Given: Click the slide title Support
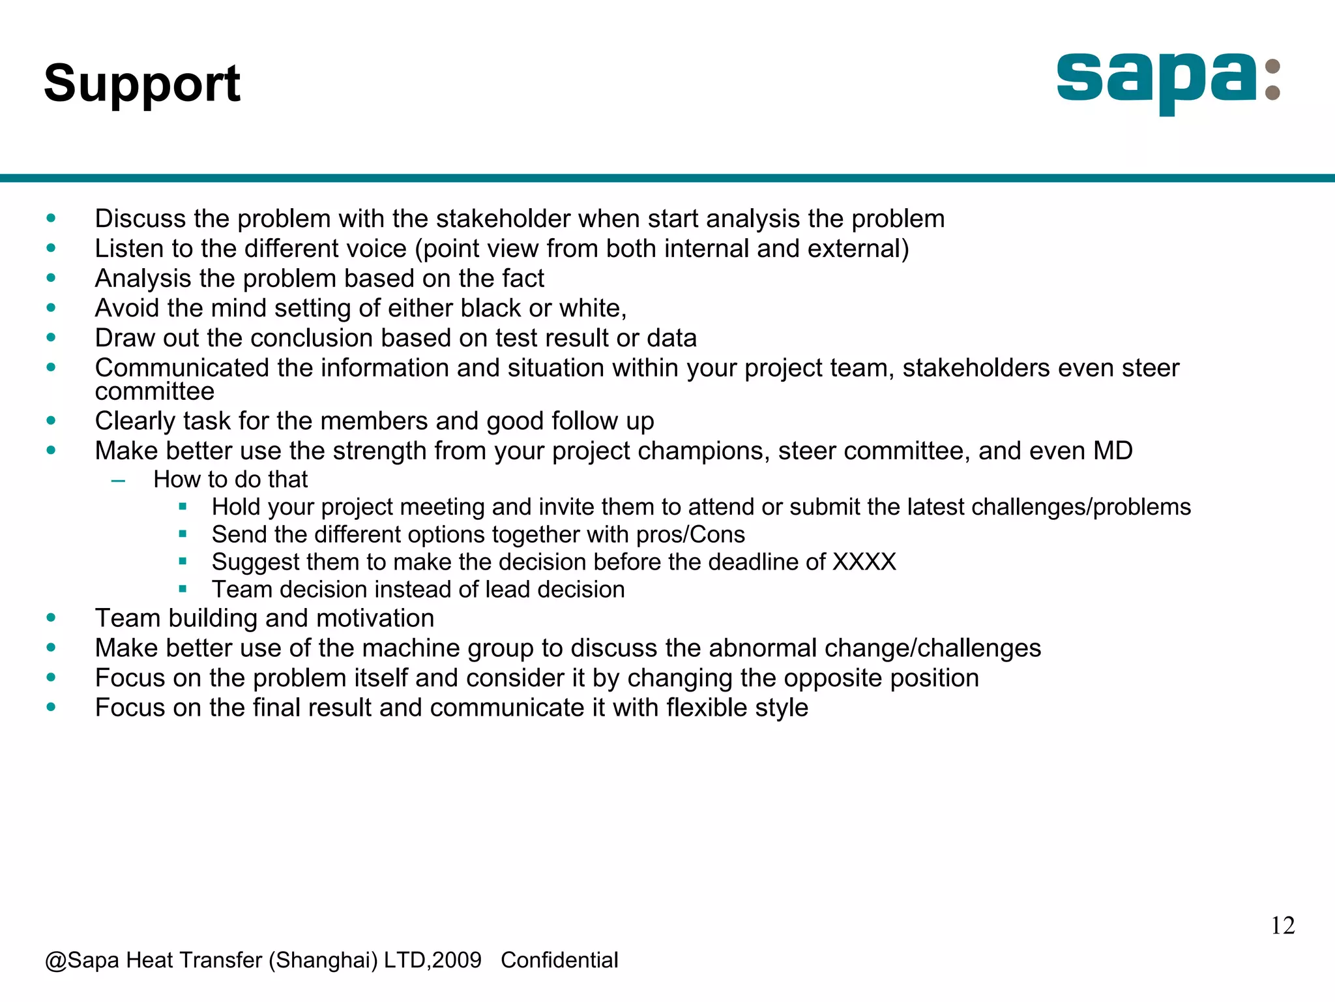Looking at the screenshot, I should [x=142, y=83].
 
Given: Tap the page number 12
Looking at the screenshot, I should [x=1282, y=926].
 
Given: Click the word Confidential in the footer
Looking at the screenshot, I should [x=559, y=960].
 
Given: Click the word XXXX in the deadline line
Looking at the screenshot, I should [x=864, y=562].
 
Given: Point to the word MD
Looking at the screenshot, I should [x=1113, y=451].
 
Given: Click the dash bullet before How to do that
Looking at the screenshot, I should [x=118, y=481].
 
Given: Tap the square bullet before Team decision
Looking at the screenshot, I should [x=183, y=589].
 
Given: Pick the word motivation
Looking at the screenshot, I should [x=375, y=618].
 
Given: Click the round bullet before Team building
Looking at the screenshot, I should [x=51, y=618].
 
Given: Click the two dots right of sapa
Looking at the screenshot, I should [x=1272, y=80].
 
